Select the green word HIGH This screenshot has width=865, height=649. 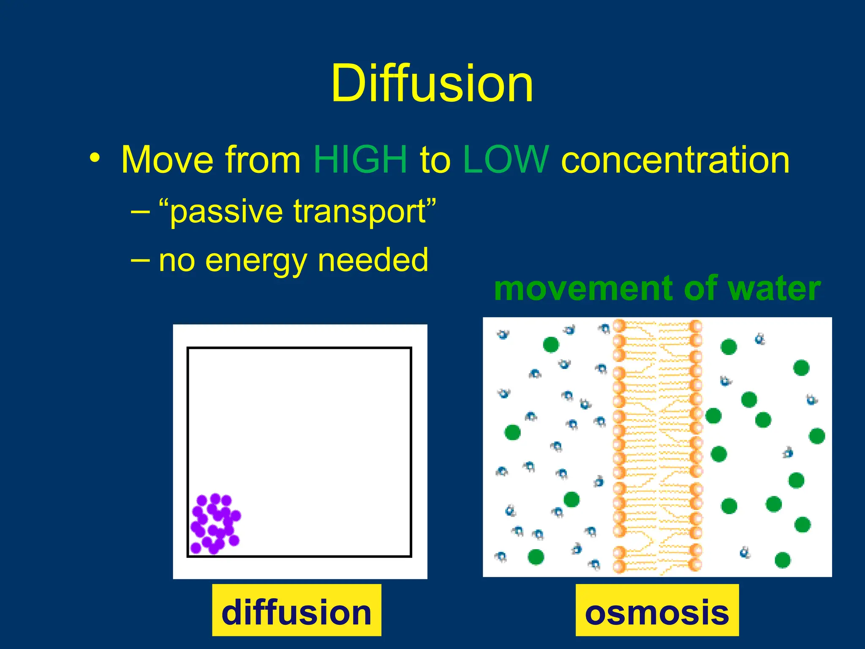[360, 160]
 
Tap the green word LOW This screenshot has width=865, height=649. [506, 160]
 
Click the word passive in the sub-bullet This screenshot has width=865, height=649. [226, 212]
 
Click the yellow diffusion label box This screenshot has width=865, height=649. [296, 610]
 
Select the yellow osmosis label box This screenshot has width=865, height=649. [657, 610]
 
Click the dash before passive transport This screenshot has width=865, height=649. [139, 210]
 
